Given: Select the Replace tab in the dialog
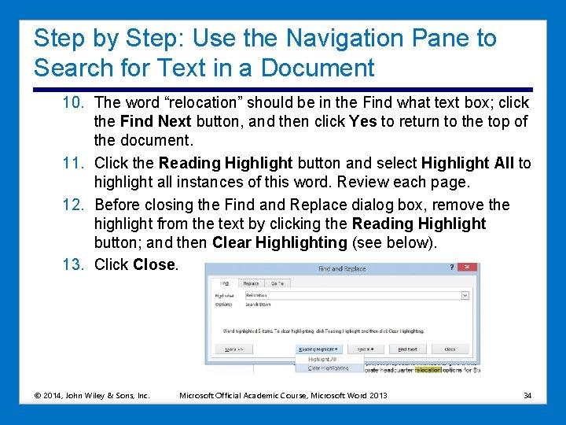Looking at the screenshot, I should click(x=251, y=283).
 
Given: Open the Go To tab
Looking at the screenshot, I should click(x=277, y=283).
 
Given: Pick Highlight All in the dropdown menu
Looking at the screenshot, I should click(x=322, y=359).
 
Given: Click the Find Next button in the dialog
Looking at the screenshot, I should click(x=406, y=349).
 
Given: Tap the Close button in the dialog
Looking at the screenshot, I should click(x=450, y=349).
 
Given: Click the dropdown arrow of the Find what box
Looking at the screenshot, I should click(x=465, y=295).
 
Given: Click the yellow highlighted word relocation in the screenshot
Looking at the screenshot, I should click(x=428, y=369).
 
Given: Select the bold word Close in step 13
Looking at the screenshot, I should click(x=154, y=264).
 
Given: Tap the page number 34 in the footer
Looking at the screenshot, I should click(x=527, y=394).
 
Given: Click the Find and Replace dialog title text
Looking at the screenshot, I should click(x=342, y=268).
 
